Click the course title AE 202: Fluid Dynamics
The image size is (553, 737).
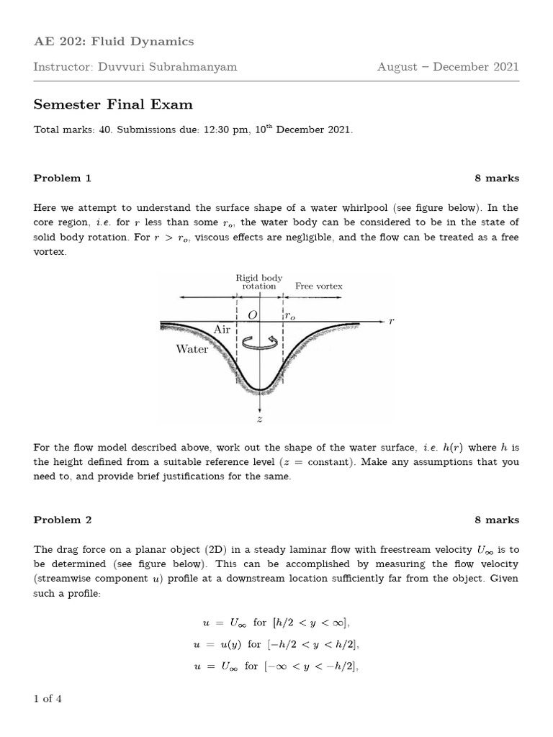pyautogui.click(x=114, y=42)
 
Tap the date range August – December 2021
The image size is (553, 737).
pyautogui.click(x=447, y=67)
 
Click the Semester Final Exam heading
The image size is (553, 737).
pyautogui.click(x=113, y=104)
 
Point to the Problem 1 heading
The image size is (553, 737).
pyautogui.click(x=63, y=178)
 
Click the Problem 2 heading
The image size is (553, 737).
pyautogui.click(x=63, y=520)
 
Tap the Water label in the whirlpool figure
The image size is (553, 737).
pyautogui.click(x=192, y=349)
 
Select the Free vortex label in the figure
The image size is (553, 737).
pyautogui.click(x=319, y=286)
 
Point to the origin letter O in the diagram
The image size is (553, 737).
pyautogui.click(x=252, y=315)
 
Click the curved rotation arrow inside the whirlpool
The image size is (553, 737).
pyautogui.click(x=260, y=344)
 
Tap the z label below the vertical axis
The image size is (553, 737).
pyautogui.click(x=259, y=419)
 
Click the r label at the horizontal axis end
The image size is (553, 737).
pyautogui.click(x=391, y=322)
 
